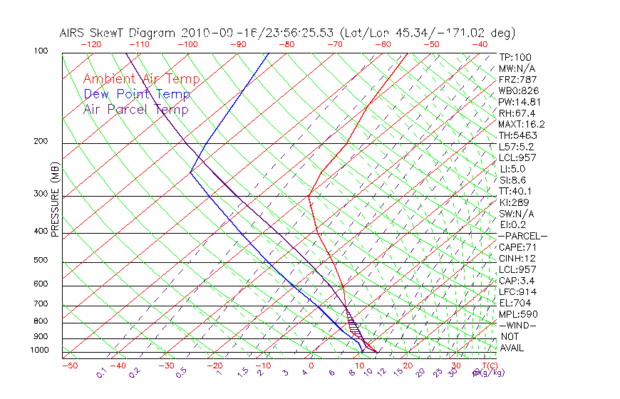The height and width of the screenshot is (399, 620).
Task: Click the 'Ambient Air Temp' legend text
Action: pos(141,79)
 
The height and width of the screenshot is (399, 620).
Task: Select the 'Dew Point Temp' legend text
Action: pos(137,94)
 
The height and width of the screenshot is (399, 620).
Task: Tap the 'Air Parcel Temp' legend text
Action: pos(135,109)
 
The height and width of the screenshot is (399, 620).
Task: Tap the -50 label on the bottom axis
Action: pos(69,366)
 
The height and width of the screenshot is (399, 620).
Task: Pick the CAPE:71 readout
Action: pos(517,247)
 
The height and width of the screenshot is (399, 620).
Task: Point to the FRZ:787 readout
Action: pos(517,79)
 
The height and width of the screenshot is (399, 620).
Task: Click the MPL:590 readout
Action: pos(517,314)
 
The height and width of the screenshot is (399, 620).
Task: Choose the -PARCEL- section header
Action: pos(522,236)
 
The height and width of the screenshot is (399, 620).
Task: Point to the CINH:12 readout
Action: pos(517,258)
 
